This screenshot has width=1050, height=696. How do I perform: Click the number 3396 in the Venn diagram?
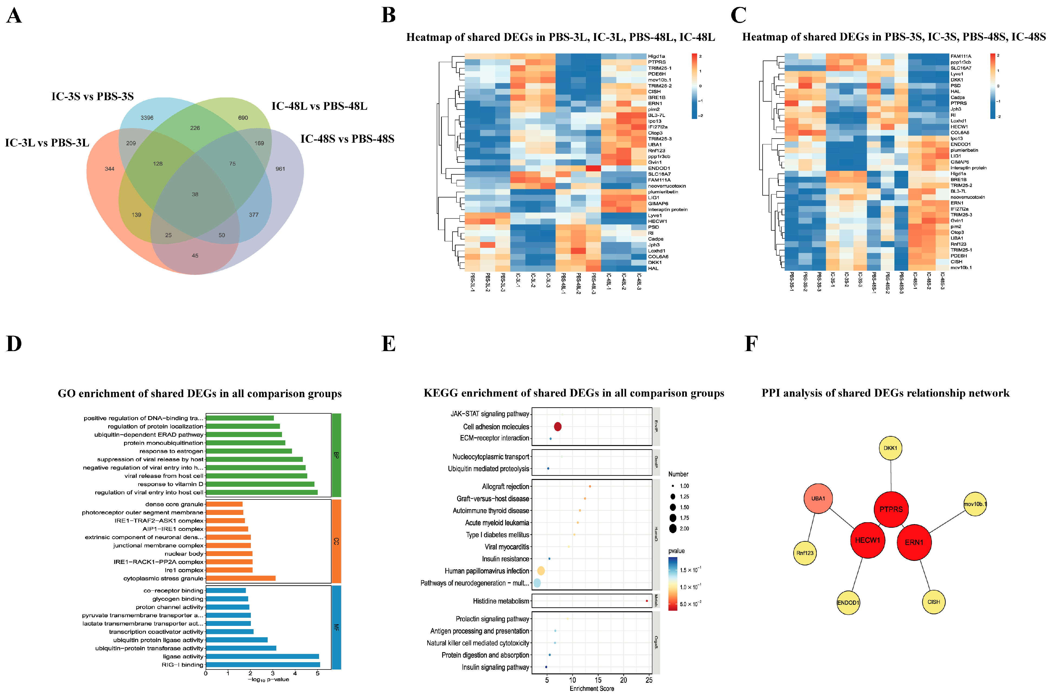click(147, 118)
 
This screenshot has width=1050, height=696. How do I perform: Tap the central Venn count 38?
click(195, 194)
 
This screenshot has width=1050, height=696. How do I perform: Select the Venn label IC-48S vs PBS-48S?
click(347, 139)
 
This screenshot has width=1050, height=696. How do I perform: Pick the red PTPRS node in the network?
click(891, 509)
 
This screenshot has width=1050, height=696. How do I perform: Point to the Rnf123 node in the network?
click(805, 553)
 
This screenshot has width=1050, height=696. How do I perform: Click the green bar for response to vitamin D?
click(260, 484)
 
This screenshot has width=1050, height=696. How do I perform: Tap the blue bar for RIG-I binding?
click(262, 665)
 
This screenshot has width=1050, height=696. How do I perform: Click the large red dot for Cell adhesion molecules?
click(557, 427)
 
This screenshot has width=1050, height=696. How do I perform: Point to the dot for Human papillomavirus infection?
click(541, 571)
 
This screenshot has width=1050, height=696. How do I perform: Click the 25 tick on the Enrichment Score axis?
click(649, 680)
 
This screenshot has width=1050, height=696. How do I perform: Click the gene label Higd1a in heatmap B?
click(656, 56)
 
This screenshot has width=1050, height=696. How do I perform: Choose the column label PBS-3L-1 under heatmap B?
click(472, 282)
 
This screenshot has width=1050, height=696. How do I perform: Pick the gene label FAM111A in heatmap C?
click(960, 56)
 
